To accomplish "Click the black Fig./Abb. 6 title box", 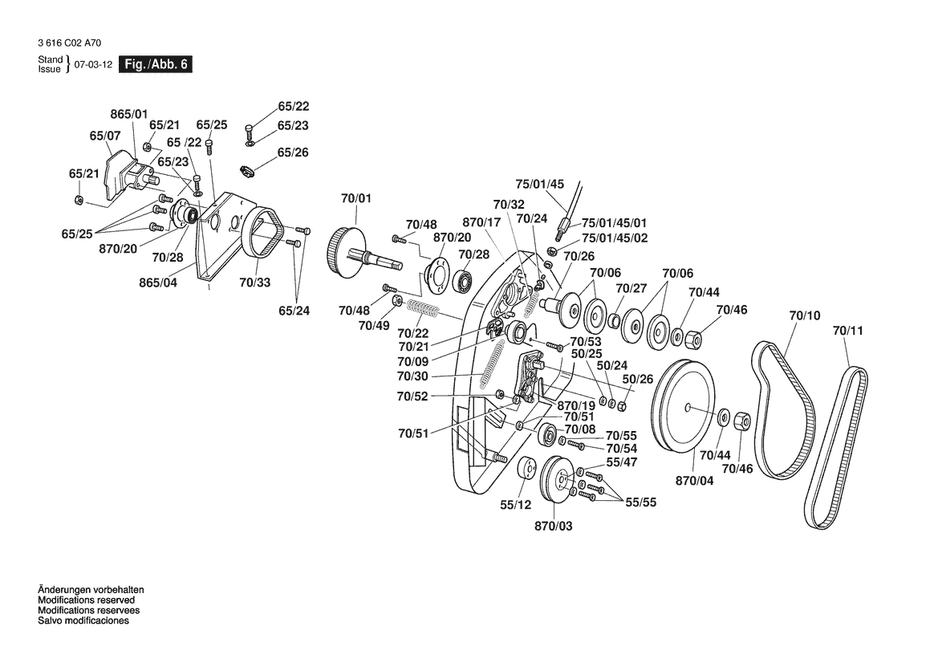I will pos(155,64).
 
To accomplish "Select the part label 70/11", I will pos(849,331).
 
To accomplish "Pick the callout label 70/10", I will pos(805,315).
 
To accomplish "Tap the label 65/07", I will pos(104,136).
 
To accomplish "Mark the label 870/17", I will pos(481,222).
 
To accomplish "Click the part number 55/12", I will pos(516,505).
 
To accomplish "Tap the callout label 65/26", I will pos(293,153).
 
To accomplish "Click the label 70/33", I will pos(255,282).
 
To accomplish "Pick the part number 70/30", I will pos(412,376).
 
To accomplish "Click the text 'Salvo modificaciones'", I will pos(83,621).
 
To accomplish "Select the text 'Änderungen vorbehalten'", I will pos(91,590).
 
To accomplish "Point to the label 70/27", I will pos(631,288).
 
